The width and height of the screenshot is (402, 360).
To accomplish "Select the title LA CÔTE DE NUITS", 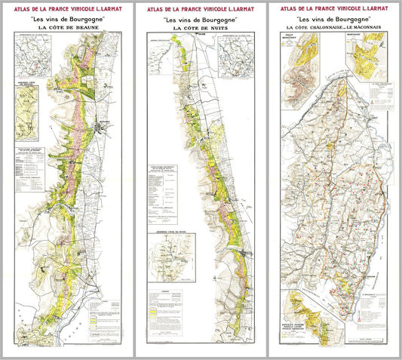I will (x=200, y=28).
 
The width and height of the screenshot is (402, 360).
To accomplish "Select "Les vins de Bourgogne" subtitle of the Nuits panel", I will (x=200, y=19).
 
